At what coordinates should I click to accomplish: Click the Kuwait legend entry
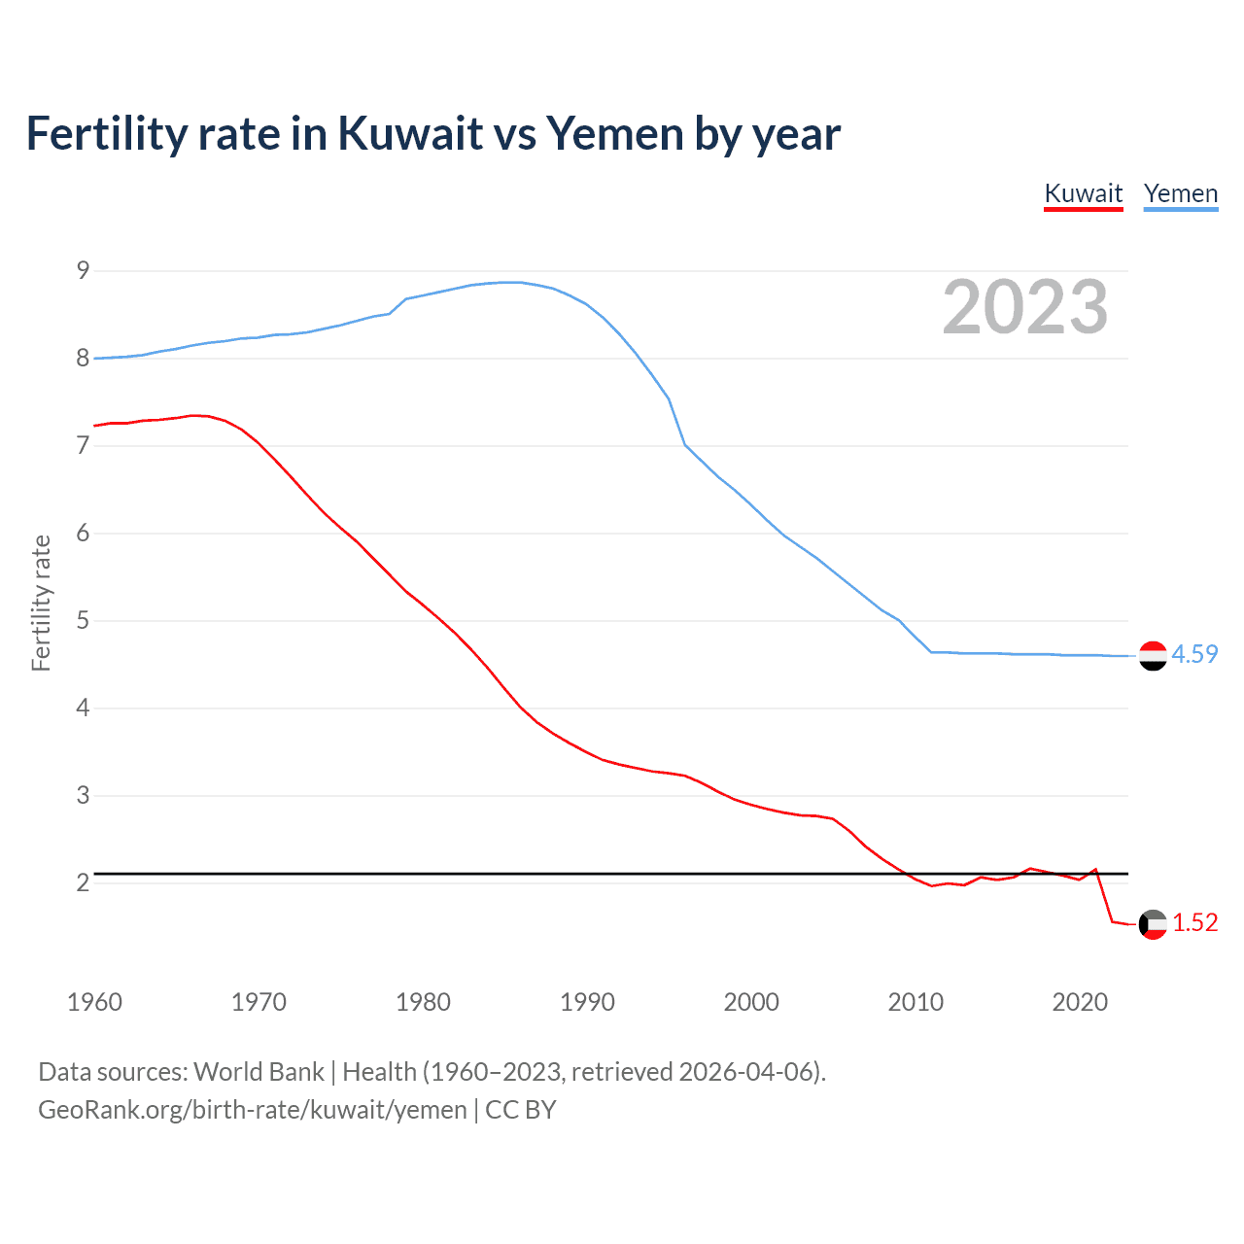(1083, 193)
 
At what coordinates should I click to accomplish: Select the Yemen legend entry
(1180, 193)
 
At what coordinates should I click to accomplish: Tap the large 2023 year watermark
(1025, 307)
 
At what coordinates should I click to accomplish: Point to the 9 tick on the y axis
(83, 270)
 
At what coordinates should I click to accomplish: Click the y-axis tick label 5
(83, 620)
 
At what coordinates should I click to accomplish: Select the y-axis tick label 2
(83, 882)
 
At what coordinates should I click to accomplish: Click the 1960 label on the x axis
(94, 1002)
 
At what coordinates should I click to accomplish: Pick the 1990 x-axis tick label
(587, 1002)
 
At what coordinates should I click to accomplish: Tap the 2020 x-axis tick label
(1080, 1002)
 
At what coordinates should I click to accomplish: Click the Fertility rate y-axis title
(41, 603)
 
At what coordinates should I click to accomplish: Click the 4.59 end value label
(1194, 654)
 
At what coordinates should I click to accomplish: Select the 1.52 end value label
(1194, 922)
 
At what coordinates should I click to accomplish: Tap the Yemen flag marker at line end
(1153, 656)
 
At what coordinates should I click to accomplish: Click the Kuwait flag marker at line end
(1153, 924)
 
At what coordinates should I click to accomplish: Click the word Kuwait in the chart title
(410, 133)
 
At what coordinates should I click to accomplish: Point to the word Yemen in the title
(614, 133)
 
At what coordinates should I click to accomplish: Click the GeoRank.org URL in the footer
(252, 1110)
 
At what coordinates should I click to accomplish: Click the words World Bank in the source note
(259, 1072)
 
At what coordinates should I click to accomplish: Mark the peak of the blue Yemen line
(512, 282)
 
